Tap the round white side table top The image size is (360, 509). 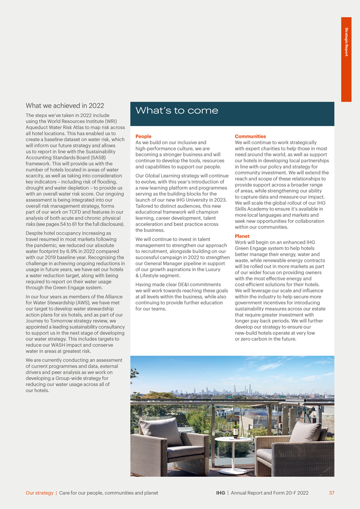pos(233,439)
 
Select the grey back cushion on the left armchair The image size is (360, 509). pos(162,430)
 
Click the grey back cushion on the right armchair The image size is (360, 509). pos(305,432)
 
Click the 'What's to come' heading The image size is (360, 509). pos(177,111)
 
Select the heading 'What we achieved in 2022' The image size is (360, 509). pos(65,106)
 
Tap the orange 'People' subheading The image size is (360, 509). pos(143,136)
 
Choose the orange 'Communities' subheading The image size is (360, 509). pos(250,136)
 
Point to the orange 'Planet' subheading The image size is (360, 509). pos(242,236)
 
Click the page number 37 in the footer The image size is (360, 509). pos(331,493)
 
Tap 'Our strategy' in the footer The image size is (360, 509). pos(40,493)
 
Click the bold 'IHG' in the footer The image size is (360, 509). pos(221,493)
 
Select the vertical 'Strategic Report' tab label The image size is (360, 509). pos(346,42)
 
